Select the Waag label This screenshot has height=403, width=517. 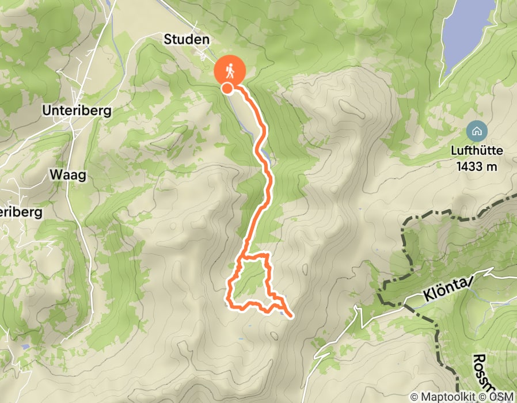tap(67, 175)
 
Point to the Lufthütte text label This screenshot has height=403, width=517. tap(477, 151)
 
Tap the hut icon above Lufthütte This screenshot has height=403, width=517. tap(476, 131)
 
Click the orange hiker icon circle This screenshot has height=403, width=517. tap(230, 71)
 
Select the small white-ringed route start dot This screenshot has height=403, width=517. tap(227, 88)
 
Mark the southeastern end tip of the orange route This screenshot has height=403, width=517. tap(292, 316)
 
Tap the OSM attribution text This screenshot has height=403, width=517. tap(503, 397)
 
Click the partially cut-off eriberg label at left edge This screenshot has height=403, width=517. tap(21, 212)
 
